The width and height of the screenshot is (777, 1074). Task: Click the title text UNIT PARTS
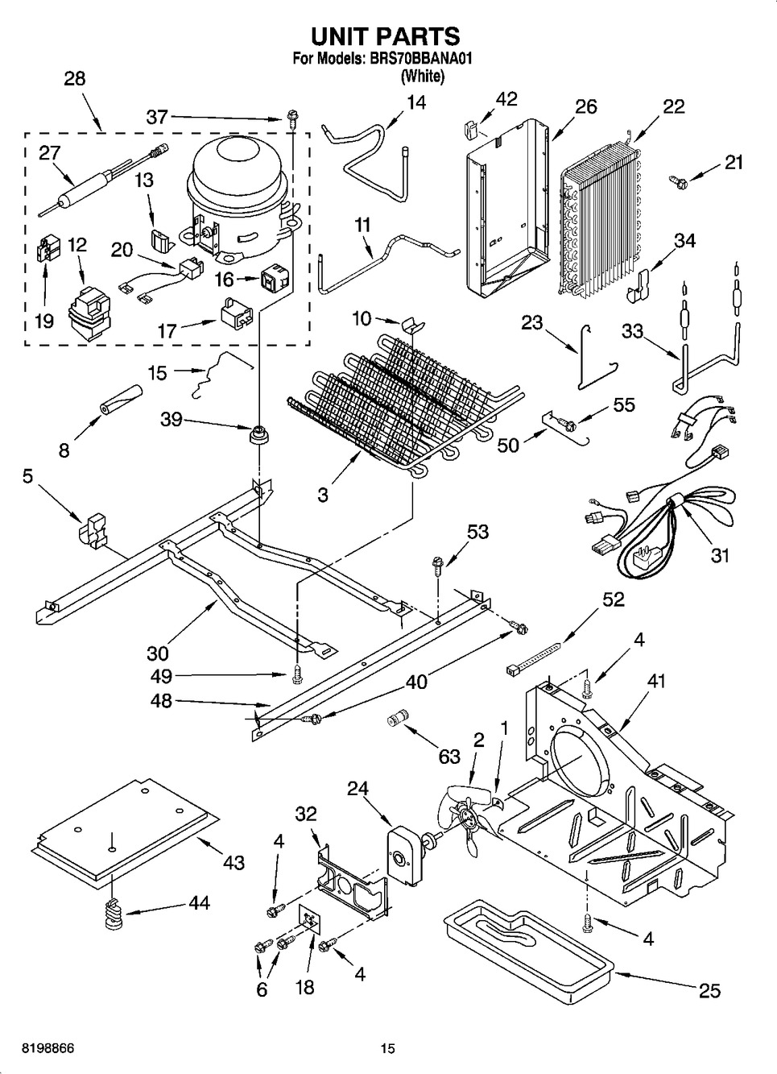pos(385,36)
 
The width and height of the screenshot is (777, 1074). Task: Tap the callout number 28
pos(74,79)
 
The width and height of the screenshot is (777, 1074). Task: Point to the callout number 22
pos(673,106)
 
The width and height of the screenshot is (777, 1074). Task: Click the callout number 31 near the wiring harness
pos(719,555)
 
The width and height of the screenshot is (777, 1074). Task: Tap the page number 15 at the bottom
pos(388,1049)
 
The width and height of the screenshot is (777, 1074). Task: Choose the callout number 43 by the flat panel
pos(234,862)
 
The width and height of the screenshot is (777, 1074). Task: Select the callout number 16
pos(223,279)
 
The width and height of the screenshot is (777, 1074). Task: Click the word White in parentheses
pos(422,77)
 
